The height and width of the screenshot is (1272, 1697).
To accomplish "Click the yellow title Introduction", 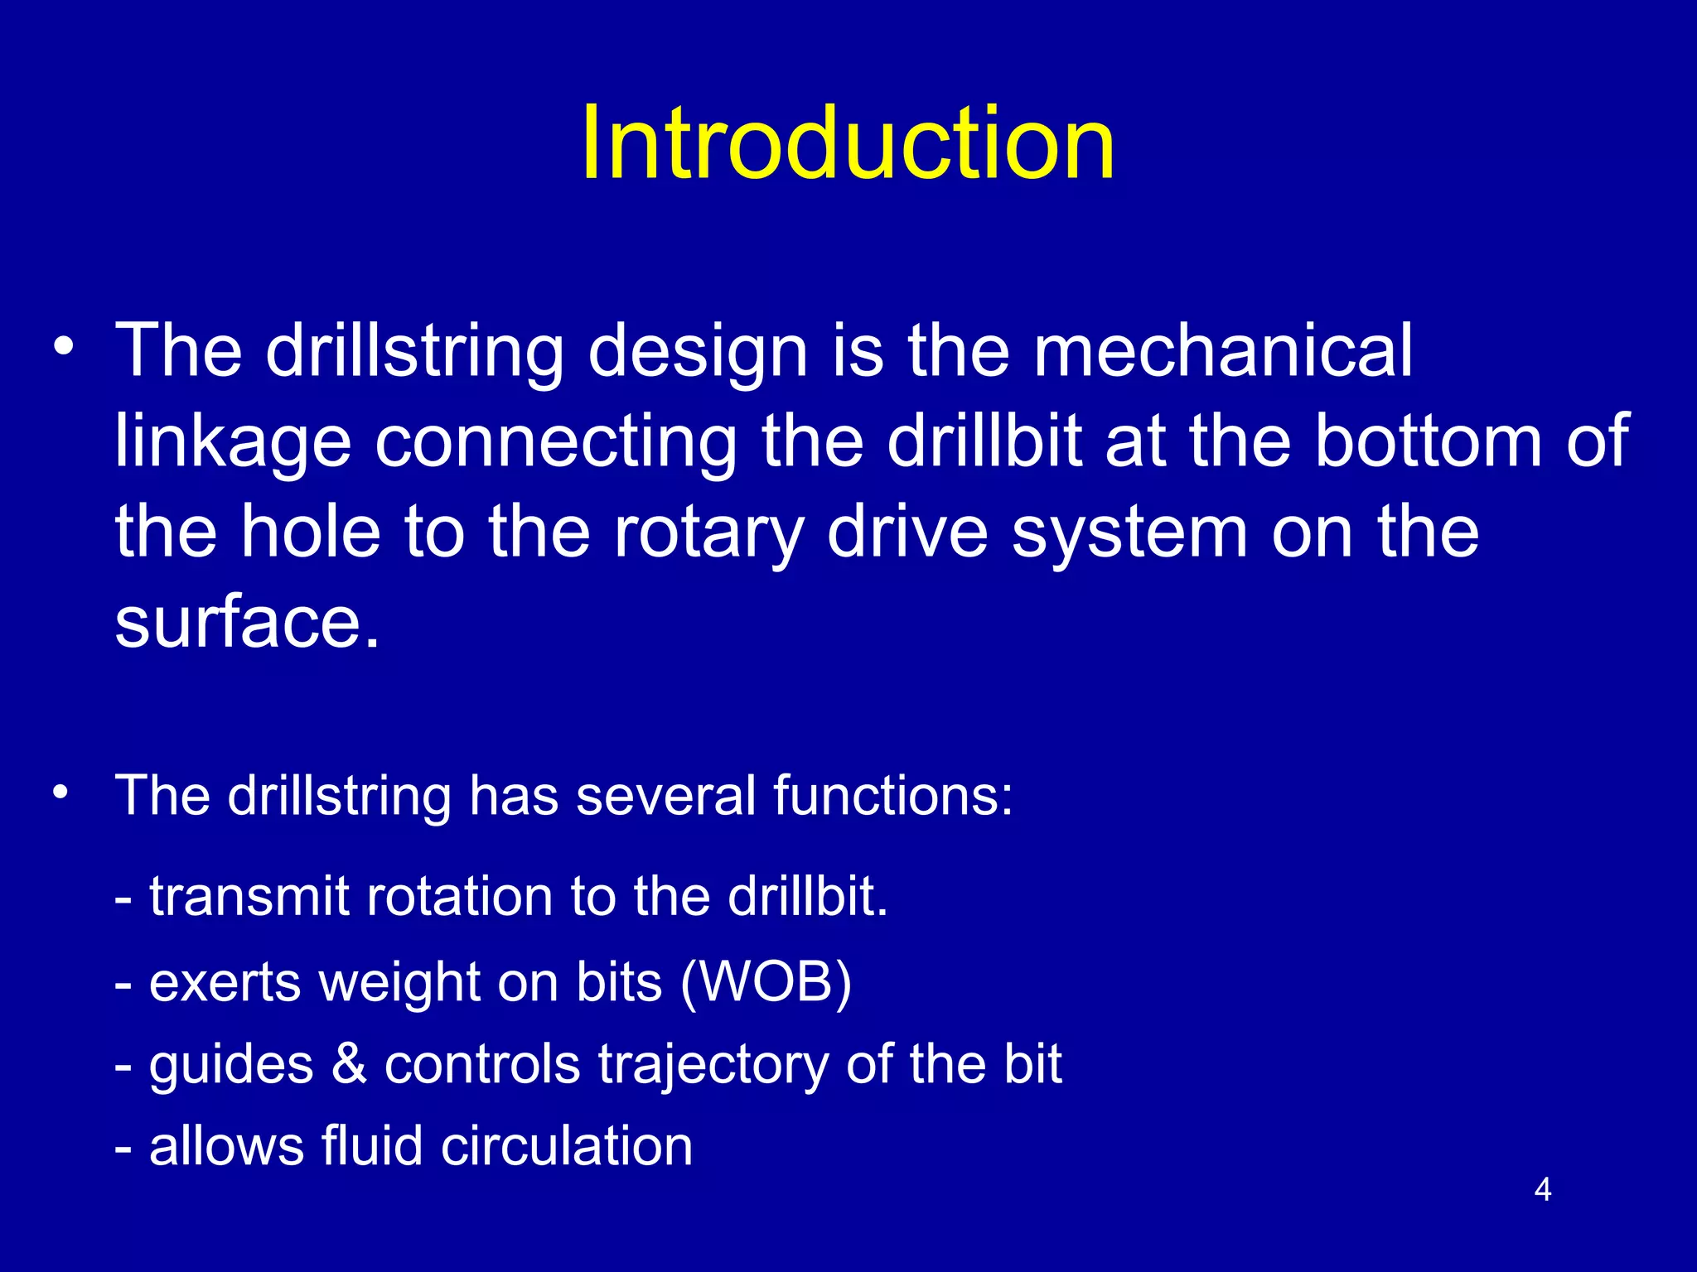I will point(848,142).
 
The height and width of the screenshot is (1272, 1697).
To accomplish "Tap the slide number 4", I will point(1542,1190).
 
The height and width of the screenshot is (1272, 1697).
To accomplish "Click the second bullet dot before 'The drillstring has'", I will point(60,793).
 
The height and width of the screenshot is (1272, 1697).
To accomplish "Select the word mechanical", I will point(1222,350).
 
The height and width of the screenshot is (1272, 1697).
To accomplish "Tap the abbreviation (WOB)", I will point(765,982).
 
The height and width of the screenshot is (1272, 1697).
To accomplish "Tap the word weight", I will point(400,984).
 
